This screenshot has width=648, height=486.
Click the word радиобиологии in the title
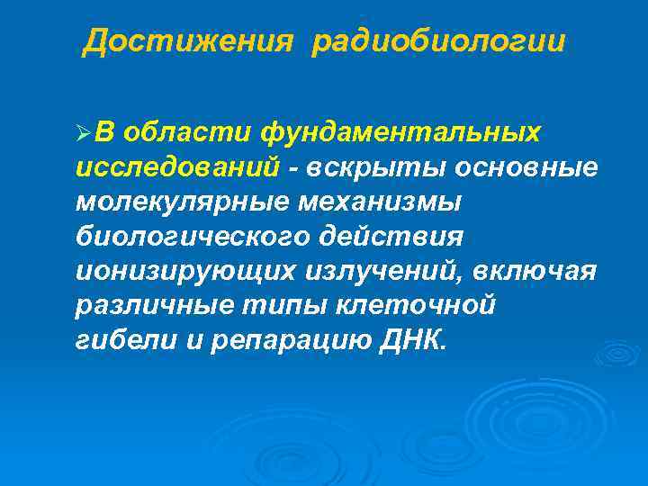pos(439,42)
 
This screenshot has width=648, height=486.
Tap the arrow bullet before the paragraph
pos(83,134)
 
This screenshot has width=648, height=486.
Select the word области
pos(188,132)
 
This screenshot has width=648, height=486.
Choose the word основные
pos(526,167)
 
